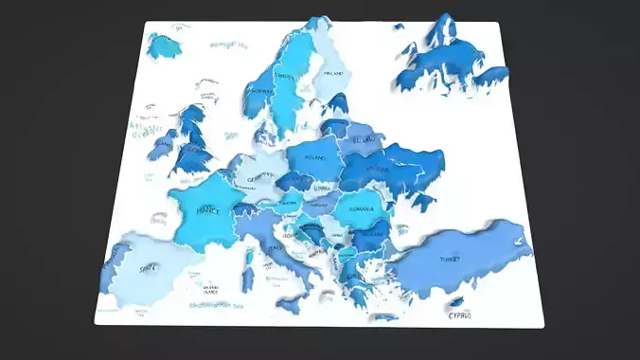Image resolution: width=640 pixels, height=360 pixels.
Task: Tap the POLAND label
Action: [313, 157]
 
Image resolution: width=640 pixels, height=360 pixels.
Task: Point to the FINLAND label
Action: [333, 73]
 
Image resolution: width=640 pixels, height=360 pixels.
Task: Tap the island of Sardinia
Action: [250, 278]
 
